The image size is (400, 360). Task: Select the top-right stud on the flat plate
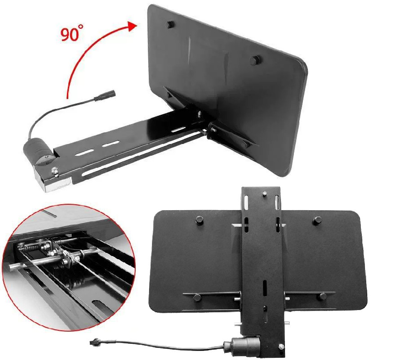(318, 220)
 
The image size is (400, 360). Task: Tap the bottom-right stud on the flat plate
(322, 297)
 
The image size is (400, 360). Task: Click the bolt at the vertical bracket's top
(264, 194)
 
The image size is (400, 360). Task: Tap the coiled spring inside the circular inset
(32, 248)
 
